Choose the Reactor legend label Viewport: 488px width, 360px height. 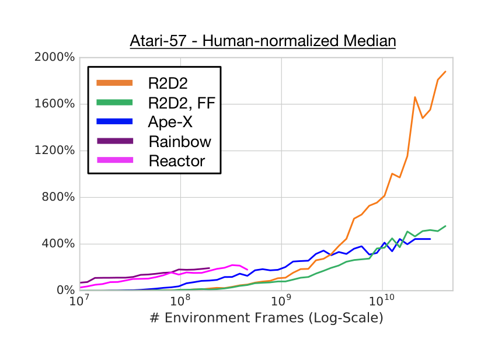coord(177,160)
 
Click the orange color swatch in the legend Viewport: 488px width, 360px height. coord(114,83)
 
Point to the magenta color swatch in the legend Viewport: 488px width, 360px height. coord(114,160)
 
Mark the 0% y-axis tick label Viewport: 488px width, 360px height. coord(67,290)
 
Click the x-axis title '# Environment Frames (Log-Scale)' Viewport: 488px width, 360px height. coord(266,318)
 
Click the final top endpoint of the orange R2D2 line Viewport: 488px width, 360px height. coord(446,71)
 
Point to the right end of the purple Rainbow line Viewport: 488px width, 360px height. coord(209,268)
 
